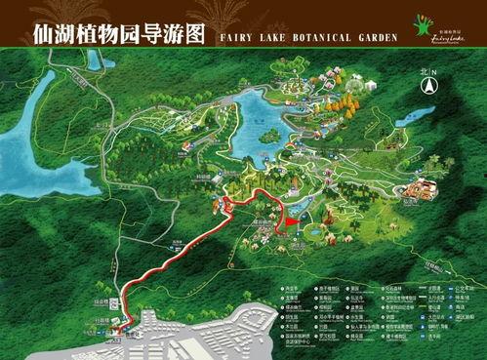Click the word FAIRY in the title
pyautogui.click(x=227, y=37)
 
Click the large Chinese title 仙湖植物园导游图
pyautogui.click(x=104, y=34)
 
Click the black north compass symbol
pyautogui.click(x=426, y=86)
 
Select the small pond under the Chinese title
pyautogui.click(x=94, y=60)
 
